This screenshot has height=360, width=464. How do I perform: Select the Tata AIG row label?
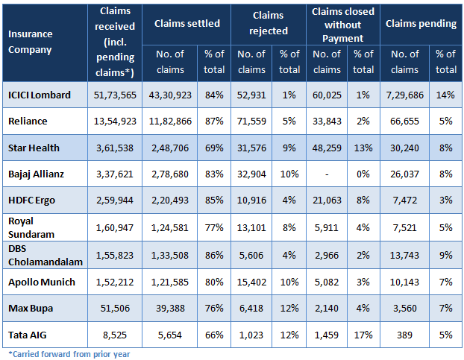coord(30,335)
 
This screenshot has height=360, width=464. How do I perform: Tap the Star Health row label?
coord(34,148)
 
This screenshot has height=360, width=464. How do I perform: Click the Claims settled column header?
coord(186,24)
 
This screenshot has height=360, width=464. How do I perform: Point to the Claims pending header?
coord(420,24)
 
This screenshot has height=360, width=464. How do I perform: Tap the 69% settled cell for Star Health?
coord(214,148)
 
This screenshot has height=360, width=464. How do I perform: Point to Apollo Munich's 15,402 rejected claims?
coord(251,283)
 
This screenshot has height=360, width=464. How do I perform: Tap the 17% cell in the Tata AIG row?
coord(363,335)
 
